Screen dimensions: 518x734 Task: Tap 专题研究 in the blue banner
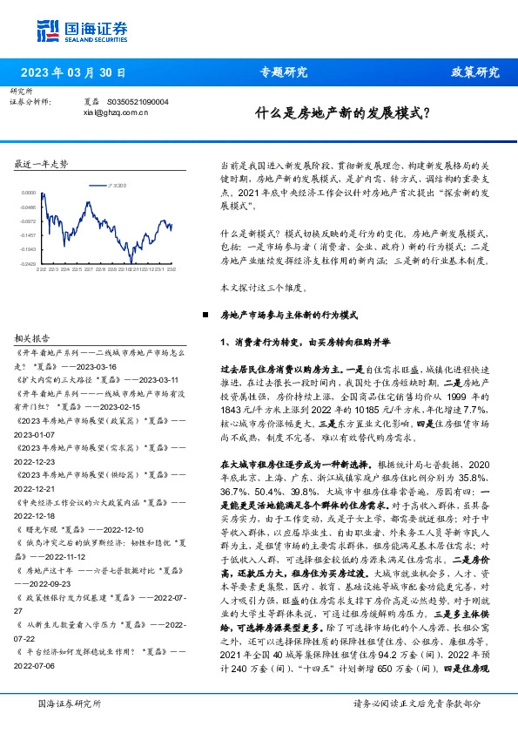[x=284, y=72]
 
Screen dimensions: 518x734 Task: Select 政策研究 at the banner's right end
[x=474, y=72]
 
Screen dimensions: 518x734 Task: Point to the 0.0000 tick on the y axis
[x=28, y=193]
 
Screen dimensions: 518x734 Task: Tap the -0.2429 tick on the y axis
[x=28, y=263]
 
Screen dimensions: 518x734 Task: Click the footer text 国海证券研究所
[x=67, y=703]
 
